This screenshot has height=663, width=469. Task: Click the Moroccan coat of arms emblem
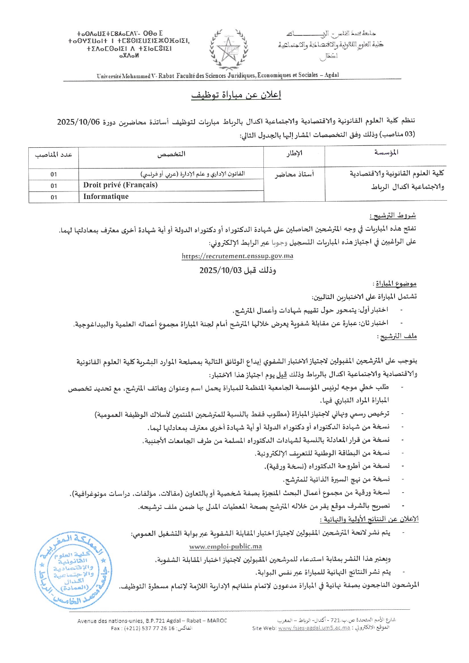pyautogui.click(x=229, y=49)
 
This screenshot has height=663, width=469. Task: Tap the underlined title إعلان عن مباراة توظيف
pyautogui.click(x=236, y=95)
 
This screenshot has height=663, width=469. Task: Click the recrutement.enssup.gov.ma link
pyautogui.click(x=237, y=256)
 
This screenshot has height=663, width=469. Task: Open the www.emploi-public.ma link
pyautogui.click(x=226, y=546)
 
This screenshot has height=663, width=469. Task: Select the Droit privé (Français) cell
pyautogui.click(x=121, y=185)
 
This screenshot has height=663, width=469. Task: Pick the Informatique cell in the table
pyautogui.click(x=106, y=196)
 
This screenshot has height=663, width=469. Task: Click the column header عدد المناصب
pyautogui.click(x=54, y=155)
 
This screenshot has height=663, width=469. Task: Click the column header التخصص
pyautogui.click(x=171, y=154)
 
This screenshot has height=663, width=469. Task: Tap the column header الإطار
pyautogui.click(x=294, y=153)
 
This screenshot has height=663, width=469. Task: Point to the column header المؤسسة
pyautogui.click(x=386, y=152)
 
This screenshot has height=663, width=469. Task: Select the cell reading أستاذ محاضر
pyautogui.click(x=294, y=174)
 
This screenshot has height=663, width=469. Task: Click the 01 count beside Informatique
pyautogui.click(x=54, y=197)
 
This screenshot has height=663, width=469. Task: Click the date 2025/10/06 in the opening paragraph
pyautogui.click(x=79, y=122)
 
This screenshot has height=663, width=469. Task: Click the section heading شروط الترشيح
pyautogui.click(x=393, y=216)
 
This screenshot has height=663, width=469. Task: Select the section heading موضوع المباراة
pyautogui.click(x=395, y=283)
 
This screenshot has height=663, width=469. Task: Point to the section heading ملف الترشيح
pyautogui.click(x=398, y=336)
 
